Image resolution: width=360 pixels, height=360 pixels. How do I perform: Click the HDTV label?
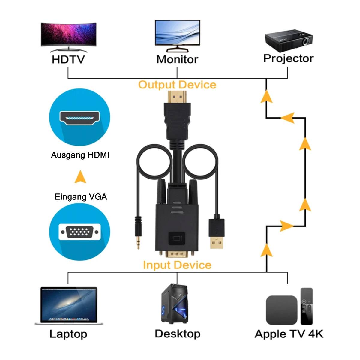(x=68, y=59)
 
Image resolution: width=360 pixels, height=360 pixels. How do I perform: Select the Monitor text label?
(x=177, y=59)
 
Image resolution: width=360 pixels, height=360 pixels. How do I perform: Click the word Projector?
(x=288, y=58)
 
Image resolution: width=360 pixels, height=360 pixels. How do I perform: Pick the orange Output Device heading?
(x=177, y=85)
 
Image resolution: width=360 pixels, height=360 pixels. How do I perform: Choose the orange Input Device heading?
(x=177, y=265)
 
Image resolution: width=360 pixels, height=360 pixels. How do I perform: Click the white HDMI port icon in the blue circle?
(x=80, y=118)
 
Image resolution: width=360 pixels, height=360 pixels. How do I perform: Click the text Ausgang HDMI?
(x=80, y=155)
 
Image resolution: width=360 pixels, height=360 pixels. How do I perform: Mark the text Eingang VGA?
(x=81, y=197)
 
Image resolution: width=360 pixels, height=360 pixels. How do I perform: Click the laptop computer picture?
(x=69, y=305)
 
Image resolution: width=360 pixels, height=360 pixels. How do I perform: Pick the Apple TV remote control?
(x=307, y=306)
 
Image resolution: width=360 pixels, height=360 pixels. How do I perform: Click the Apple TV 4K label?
(x=289, y=334)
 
